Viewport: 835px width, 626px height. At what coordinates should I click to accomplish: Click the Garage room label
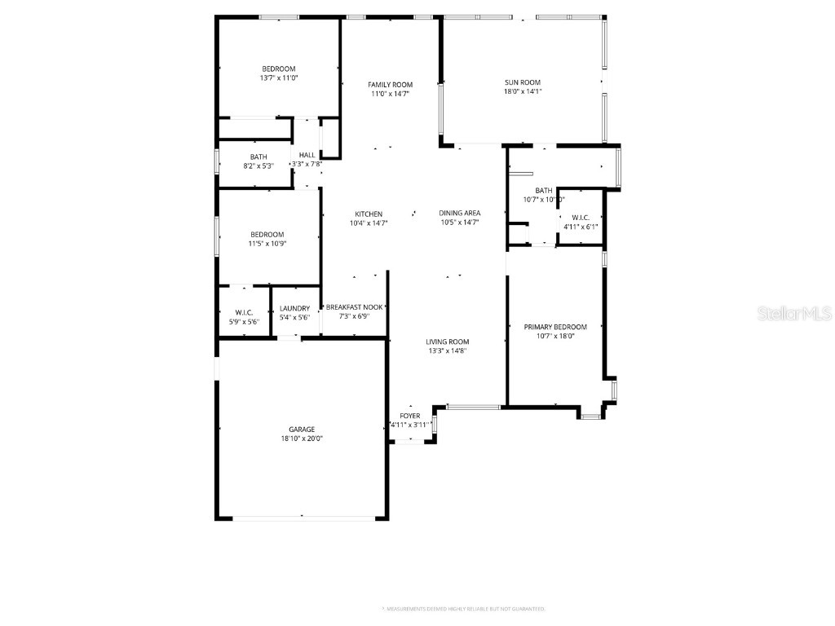[x=301, y=430]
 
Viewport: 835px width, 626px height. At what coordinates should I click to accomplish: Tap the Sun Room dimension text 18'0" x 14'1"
[x=522, y=92]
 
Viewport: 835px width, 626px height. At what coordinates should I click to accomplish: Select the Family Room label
[x=390, y=85]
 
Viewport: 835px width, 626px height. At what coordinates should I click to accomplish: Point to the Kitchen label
[x=369, y=214]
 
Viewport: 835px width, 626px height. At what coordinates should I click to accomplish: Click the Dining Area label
[x=460, y=213]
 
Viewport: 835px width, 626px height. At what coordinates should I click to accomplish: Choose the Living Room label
[x=447, y=342]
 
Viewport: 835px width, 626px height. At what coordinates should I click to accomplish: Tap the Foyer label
[x=410, y=416]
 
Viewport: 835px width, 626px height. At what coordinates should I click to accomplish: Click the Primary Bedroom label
[x=554, y=327]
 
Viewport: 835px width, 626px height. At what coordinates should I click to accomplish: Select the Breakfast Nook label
[x=354, y=307]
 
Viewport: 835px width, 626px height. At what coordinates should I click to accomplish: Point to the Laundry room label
[x=294, y=308]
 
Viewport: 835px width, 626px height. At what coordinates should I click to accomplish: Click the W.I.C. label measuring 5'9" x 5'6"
[x=244, y=313]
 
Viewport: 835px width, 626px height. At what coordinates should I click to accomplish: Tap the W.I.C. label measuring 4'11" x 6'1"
[x=581, y=218]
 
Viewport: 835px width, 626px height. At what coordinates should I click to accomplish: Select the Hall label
[x=307, y=155]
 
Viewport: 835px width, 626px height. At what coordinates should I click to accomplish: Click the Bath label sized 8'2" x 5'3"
[x=258, y=156]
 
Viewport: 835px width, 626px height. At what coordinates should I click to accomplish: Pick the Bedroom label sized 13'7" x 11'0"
[x=279, y=68]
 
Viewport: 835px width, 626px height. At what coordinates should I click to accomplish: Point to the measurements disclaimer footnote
[x=463, y=609]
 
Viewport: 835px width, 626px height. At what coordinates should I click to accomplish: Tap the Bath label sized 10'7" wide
[x=544, y=191]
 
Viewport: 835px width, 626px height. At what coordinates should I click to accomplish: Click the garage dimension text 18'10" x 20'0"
[x=301, y=439]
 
